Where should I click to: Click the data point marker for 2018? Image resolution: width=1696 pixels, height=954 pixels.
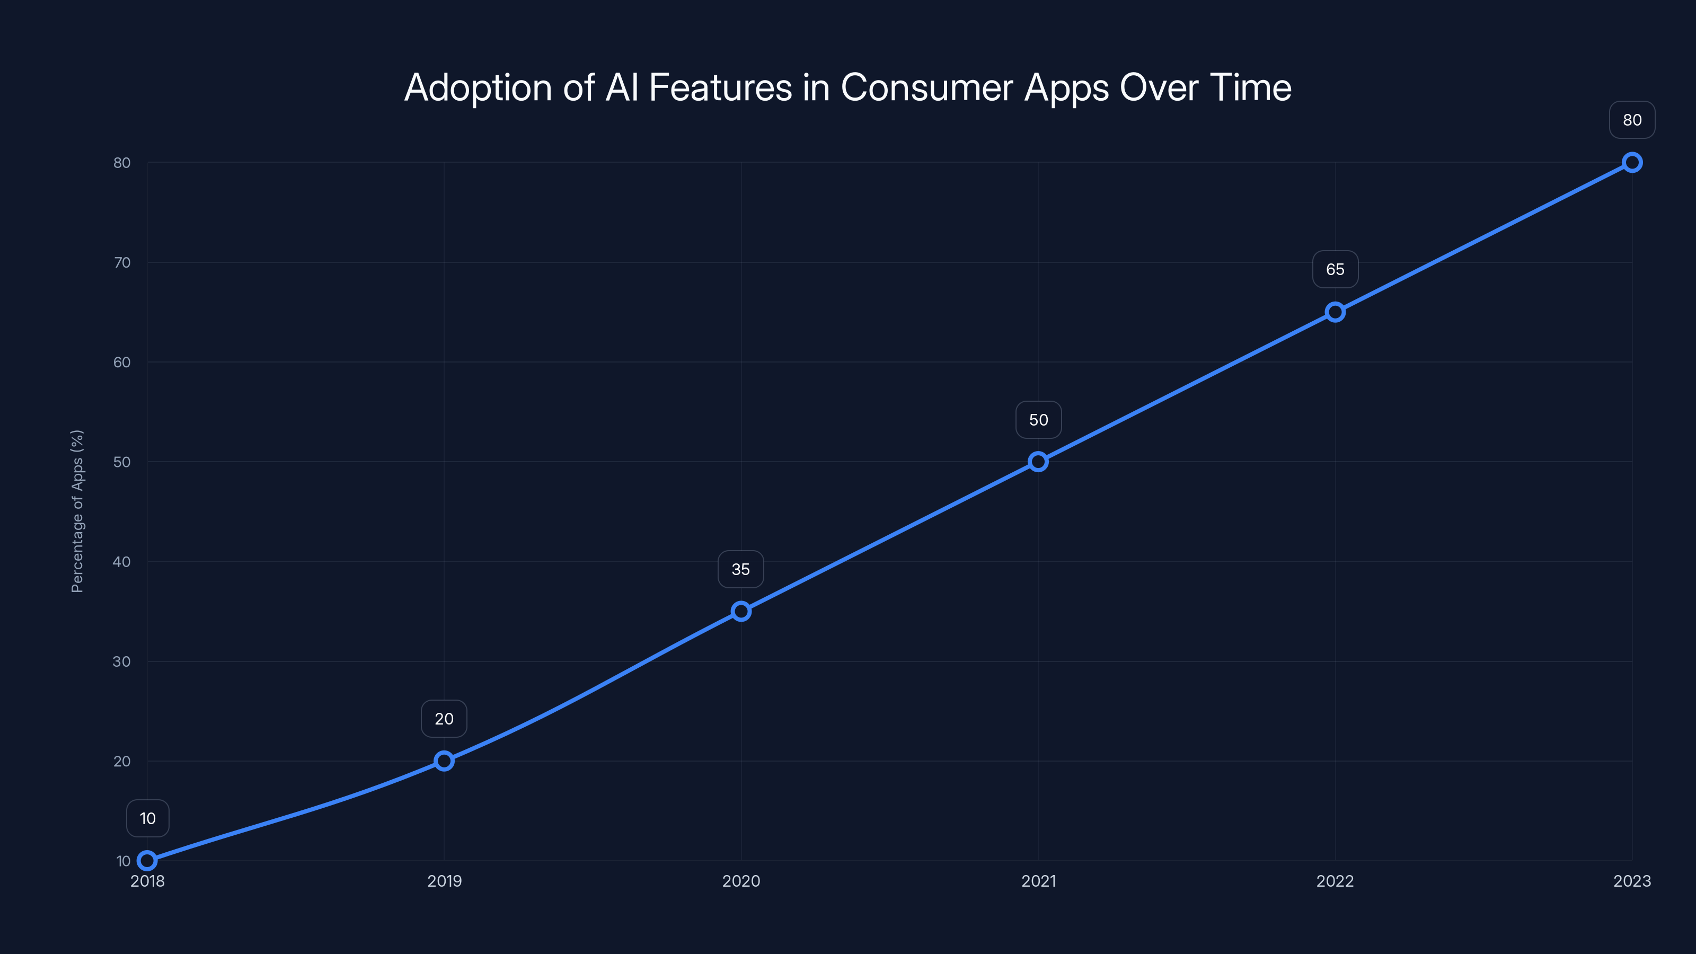tap(147, 861)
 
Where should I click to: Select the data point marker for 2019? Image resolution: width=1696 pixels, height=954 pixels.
tap(445, 761)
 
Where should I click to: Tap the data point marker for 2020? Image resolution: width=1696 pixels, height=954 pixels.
tap(741, 612)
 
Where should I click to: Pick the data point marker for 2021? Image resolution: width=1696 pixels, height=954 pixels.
tap(1038, 462)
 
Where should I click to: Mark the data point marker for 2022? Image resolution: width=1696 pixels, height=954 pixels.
tap(1335, 312)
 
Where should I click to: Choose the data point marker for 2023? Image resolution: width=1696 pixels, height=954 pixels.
tap(1632, 163)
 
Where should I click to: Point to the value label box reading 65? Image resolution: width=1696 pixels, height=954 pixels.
tap(1335, 269)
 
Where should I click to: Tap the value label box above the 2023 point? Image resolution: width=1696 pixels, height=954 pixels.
tap(1632, 120)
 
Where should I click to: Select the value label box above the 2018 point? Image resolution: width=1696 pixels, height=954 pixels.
tap(147, 818)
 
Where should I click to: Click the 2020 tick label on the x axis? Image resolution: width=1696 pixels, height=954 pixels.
tap(741, 881)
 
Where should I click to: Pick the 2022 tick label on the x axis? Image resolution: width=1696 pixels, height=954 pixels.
tap(1335, 881)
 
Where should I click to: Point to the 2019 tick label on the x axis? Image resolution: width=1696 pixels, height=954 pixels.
tap(445, 881)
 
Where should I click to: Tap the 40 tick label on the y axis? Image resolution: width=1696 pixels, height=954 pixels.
tap(122, 562)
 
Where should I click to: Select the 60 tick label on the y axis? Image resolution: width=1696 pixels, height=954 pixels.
tap(122, 362)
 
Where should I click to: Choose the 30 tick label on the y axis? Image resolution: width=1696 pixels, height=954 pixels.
tap(122, 661)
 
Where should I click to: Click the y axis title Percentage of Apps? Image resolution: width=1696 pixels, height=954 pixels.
tap(77, 511)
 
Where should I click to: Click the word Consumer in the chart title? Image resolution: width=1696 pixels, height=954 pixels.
tap(927, 87)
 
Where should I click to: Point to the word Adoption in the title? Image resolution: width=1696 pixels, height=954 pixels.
tap(478, 87)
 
